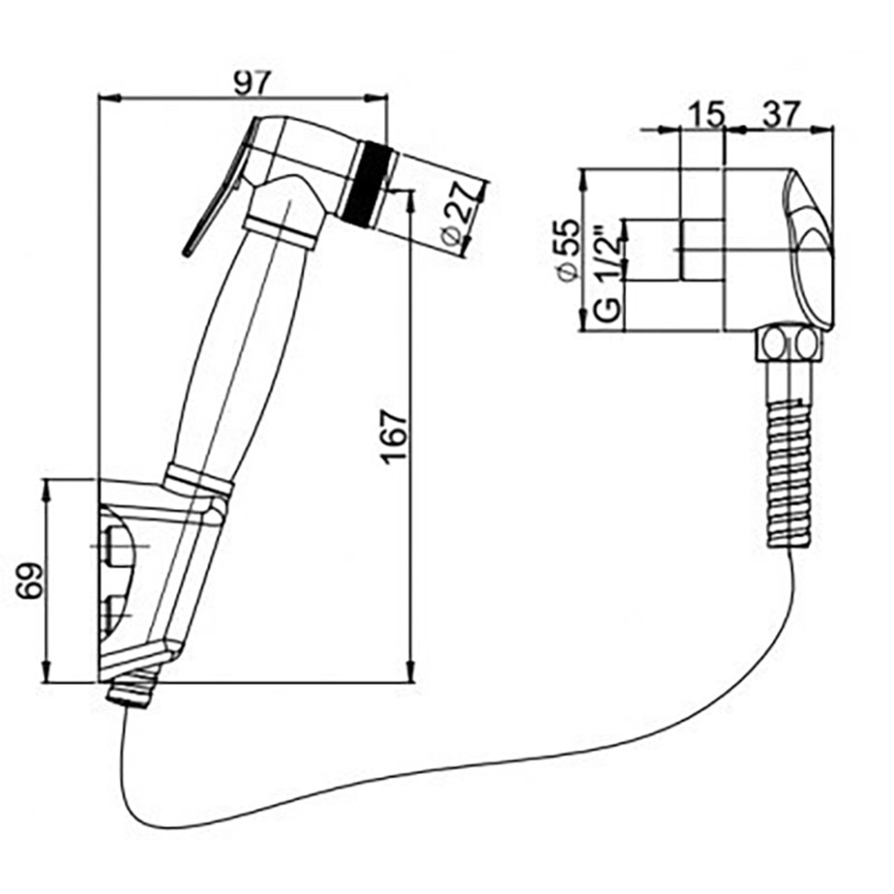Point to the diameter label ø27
(x=464, y=213)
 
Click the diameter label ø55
(x=568, y=248)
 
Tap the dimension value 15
(x=705, y=114)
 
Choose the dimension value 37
(x=779, y=114)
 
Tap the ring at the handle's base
(x=198, y=479)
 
